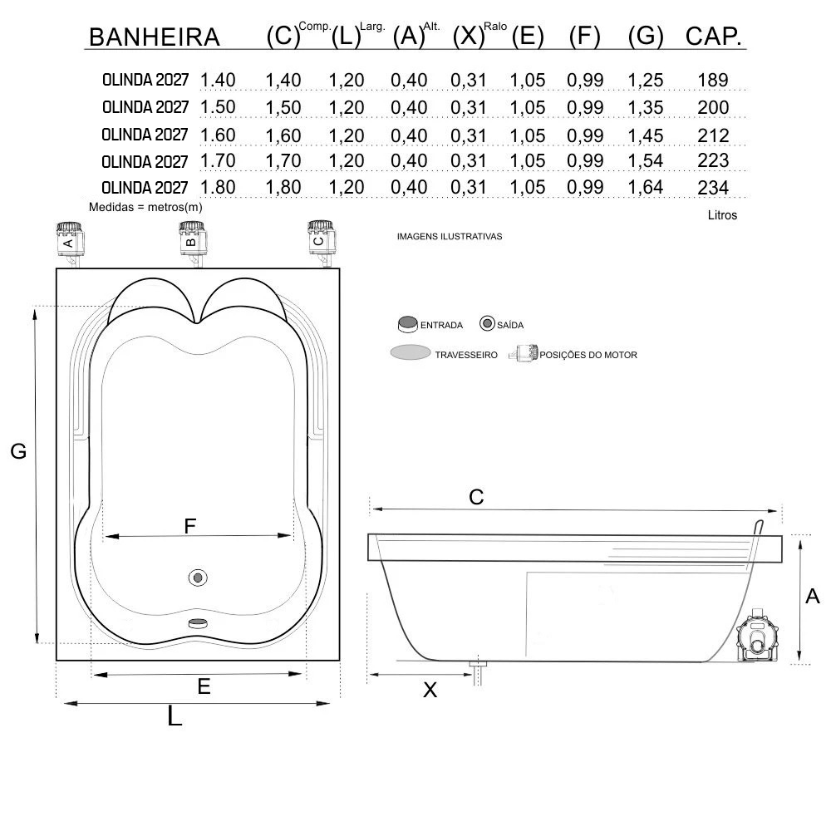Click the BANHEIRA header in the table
click(155, 37)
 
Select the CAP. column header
click(713, 36)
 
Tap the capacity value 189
click(713, 80)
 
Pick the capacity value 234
click(713, 188)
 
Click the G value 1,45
click(646, 135)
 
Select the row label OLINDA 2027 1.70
click(169, 161)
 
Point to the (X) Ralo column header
click(479, 35)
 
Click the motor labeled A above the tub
click(70, 243)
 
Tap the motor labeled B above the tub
click(193, 243)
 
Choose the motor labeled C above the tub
click(321, 242)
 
